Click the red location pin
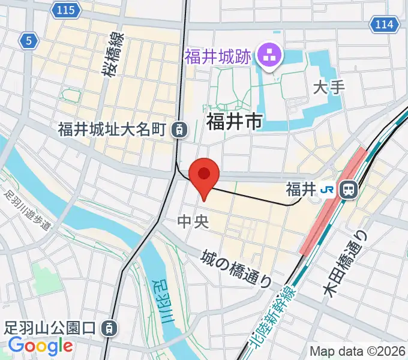204,175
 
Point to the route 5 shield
28,41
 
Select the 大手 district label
329,88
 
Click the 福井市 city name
234,122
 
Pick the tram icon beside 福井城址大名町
178,128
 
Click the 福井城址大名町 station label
113,129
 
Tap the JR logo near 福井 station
328,190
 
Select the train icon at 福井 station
348,190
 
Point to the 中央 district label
193,222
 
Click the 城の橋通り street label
236,268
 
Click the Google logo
40,346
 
